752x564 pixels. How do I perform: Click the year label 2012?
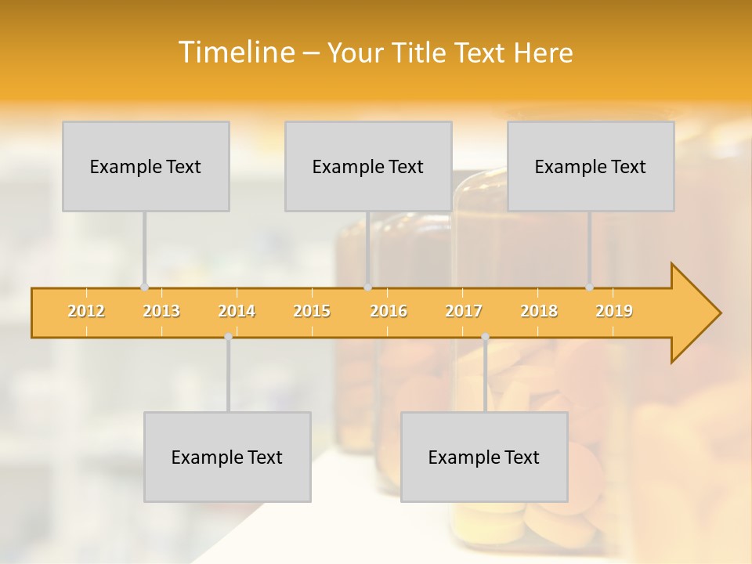click(x=86, y=311)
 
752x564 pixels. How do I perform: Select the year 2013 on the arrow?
click(x=161, y=311)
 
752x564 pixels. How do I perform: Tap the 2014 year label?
click(x=237, y=311)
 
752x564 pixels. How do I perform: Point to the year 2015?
click(x=312, y=311)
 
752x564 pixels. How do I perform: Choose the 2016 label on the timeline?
click(x=389, y=311)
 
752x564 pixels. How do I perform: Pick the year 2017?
click(x=464, y=311)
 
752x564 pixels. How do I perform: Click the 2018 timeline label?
click(x=539, y=311)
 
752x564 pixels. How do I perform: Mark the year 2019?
click(x=614, y=311)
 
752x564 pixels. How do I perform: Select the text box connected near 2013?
click(x=146, y=166)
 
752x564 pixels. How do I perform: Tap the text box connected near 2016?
click(x=368, y=166)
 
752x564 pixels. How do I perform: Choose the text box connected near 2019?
click(x=591, y=166)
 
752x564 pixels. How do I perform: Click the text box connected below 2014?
click(x=227, y=457)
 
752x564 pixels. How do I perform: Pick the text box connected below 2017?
click(x=484, y=457)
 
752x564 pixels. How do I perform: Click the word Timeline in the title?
click(x=235, y=52)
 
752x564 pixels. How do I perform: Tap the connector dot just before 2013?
click(x=144, y=287)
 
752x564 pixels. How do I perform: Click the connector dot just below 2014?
click(x=228, y=337)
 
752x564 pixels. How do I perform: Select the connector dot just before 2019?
click(x=590, y=287)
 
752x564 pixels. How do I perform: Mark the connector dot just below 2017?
click(x=485, y=337)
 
